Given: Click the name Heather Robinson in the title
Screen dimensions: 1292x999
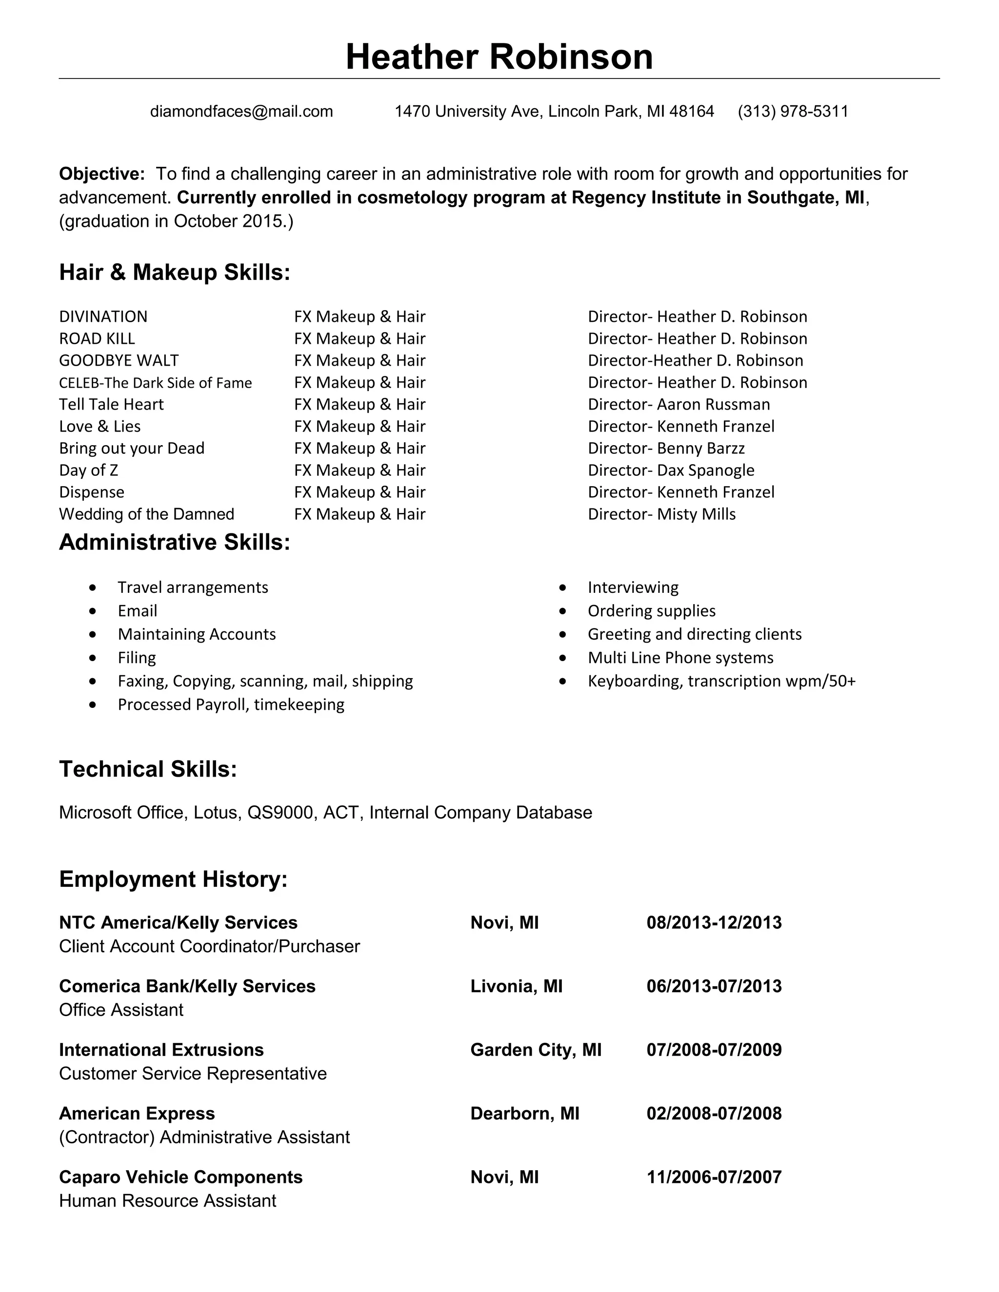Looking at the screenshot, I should point(499,58).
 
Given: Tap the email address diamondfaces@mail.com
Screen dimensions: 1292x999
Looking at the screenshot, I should point(241,111).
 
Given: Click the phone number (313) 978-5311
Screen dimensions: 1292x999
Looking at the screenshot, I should point(793,111).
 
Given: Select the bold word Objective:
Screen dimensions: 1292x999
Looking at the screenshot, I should point(102,174).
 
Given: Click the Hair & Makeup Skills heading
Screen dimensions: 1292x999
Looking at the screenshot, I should point(175,272).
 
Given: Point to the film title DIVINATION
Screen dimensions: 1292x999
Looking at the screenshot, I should point(103,316).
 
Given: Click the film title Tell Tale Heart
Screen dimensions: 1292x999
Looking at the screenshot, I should point(111,405).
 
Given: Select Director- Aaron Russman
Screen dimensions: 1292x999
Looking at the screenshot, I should point(679,405).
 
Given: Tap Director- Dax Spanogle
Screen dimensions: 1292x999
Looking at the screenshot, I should point(671,470).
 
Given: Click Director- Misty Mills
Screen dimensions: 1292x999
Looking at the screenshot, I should point(661,514).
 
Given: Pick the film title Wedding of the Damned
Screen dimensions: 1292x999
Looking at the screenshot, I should point(147,514).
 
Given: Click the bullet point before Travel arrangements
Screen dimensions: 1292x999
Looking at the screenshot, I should point(92,587).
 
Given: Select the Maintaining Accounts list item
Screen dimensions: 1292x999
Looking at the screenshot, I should point(197,634).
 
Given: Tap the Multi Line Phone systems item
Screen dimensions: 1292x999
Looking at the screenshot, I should point(680,658).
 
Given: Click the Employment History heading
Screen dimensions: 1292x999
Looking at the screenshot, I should point(173,879).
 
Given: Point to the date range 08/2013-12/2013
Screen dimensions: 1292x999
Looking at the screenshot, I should point(714,922).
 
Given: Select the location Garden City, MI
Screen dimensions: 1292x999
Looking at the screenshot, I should point(536,1050).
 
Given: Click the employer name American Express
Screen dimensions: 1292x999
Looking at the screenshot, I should point(137,1114).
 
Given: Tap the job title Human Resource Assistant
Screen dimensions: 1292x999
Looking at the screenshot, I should point(167,1201).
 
